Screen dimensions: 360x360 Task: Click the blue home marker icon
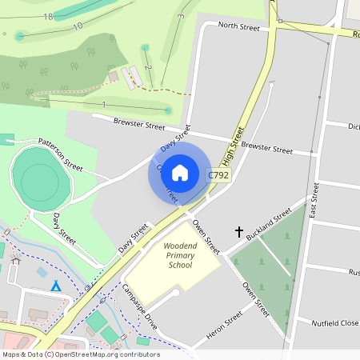point(180,172)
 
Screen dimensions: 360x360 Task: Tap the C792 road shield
point(218,175)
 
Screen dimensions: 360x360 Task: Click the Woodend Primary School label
point(179,255)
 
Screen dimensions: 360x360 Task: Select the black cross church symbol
point(238,232)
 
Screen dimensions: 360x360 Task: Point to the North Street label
point(239,27)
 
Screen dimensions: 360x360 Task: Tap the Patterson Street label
point(61,154)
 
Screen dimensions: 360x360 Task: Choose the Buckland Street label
point(270,226)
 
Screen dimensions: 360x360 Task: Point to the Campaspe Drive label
point(140,306)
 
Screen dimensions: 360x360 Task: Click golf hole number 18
point(49,17)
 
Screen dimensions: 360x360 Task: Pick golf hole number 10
point(78,26)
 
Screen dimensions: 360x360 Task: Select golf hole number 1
point(104,105)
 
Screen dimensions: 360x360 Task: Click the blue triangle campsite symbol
point(56,286)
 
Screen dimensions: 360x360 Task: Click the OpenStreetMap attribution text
point(80,354)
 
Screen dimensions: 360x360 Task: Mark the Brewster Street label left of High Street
point(139,126)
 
